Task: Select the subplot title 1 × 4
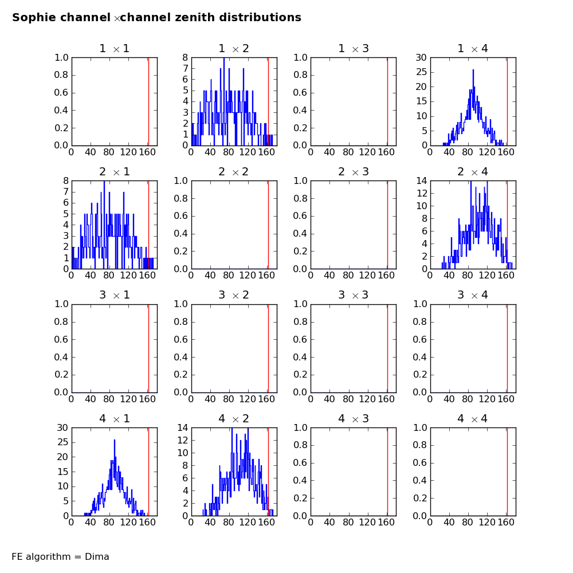473,49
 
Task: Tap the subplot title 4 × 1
115,419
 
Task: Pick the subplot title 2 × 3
354,172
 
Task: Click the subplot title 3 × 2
234,295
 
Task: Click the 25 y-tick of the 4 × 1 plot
62,442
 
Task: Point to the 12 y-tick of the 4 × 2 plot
182,440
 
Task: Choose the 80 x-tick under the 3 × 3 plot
348,399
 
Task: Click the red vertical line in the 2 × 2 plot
268,225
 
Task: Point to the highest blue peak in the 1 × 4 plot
473,70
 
